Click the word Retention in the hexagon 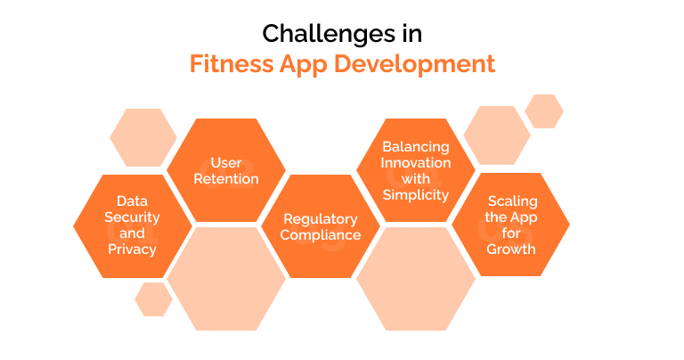coord(226,179)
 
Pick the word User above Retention coord(226,163)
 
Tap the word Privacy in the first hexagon coord(132,249)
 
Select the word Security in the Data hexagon coord(132,217)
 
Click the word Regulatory coord(321,219)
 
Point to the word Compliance coord(321,235)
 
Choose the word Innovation coord(416,162)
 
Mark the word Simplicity coord(416,194)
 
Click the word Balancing coord(416,146)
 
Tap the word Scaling coord(511,201)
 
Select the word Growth coord(511,249)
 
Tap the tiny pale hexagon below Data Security coord(153,299)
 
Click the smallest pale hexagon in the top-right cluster coord(543,111)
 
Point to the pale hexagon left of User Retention coord(142,137)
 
